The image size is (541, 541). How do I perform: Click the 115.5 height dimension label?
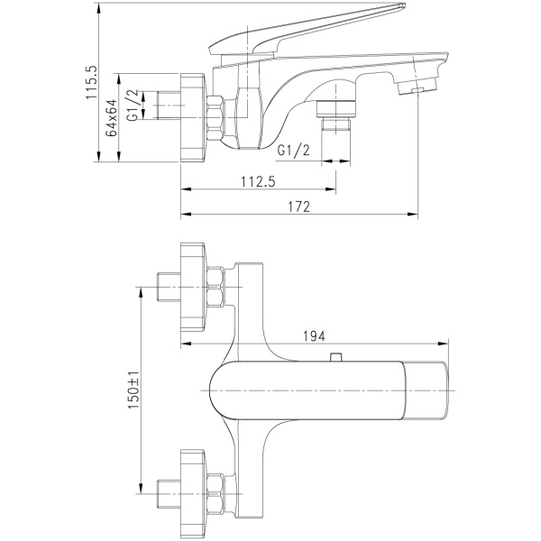[92, 82]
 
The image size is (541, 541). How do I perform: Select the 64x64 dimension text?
[112, 117]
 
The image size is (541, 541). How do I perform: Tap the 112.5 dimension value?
[259, 181]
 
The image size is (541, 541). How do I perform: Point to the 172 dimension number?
[299, 206]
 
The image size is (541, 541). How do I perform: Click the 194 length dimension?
[314, 336]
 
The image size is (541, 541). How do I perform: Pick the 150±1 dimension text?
[133, 390]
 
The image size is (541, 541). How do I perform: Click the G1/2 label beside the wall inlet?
[133, 105]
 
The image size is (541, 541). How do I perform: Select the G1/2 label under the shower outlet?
[294, 150]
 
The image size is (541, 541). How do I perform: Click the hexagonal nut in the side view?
[215, 118]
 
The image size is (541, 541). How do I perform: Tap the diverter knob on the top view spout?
[335, 357]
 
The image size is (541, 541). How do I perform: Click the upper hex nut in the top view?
[215, 287]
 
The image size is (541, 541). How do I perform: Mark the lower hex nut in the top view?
[215, 494]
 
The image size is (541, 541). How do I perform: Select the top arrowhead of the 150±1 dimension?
[141, 292]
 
